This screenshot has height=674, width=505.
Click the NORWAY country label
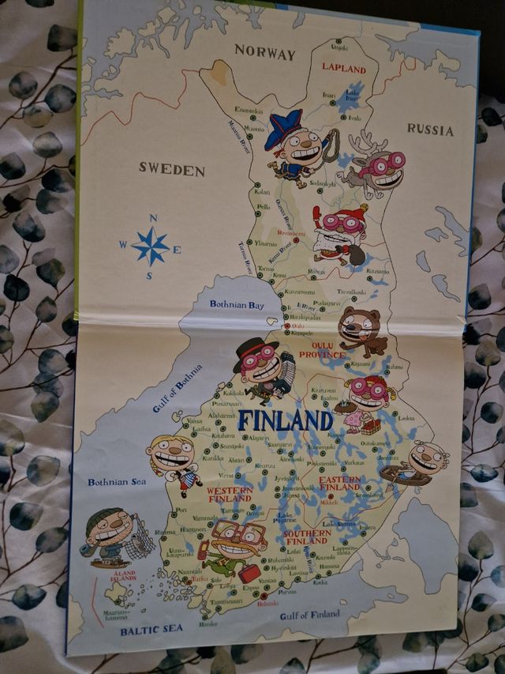click(265, 54)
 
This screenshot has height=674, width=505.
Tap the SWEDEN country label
click(172, 169)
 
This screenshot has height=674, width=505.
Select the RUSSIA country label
click(430, 130)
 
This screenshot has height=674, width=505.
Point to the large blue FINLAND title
click(285, 419)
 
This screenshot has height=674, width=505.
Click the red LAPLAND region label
click(343, 69)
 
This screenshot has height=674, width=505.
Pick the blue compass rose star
click(150, 247)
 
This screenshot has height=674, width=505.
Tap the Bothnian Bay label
click(237, 304)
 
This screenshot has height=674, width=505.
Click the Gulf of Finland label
click(310, 615)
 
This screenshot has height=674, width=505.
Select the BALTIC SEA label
click(151, 629)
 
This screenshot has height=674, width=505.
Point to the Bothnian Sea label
click(116, 481)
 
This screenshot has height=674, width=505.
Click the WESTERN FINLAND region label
click(230, 495)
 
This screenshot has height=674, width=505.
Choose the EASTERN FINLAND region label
click(340, 484)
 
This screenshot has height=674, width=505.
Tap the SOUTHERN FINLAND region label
click(307, 537)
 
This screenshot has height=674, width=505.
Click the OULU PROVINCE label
click(322, 350)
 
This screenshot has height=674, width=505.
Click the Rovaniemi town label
click(290, 234)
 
